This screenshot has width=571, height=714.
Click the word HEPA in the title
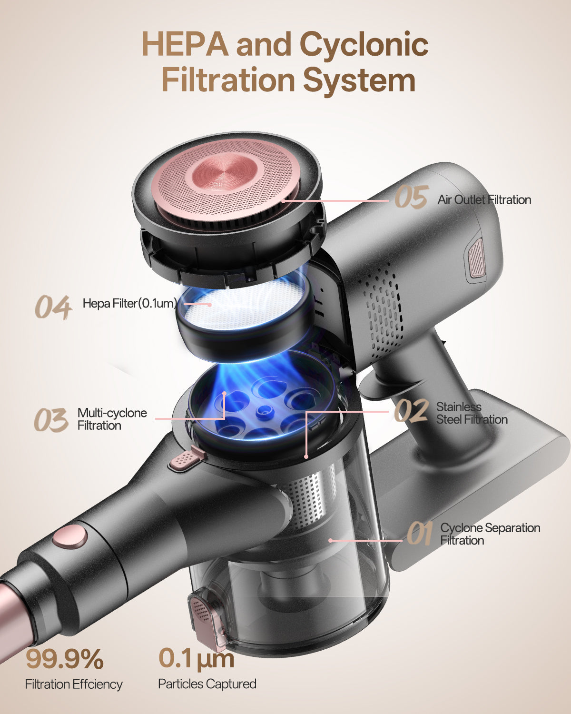click(185, 44)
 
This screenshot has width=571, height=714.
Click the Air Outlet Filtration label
click(484, 200)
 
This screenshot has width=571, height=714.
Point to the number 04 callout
click(53, 307)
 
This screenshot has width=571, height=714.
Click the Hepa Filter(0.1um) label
click(130, 303)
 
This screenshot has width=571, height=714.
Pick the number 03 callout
click(51, 420)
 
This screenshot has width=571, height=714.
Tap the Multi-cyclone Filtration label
click(112, 419)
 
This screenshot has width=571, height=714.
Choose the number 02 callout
click(411, 410)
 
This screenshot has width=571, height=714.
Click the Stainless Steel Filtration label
click(472, 413)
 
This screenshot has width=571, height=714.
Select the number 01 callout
click(420, 534)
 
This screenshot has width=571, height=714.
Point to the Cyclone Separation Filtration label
click(490, 534)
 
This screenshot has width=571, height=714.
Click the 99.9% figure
click(65, 659)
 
